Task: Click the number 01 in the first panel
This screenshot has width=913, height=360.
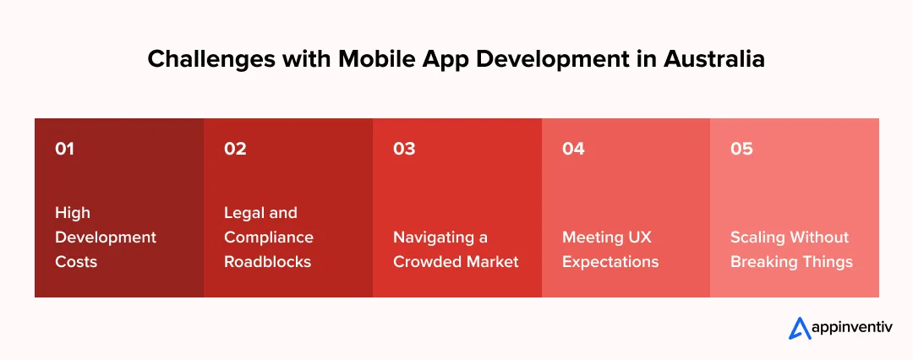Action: (x=64, y=149)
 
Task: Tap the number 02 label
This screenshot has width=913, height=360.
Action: (x=235, y=149)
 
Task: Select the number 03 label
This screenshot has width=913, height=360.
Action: (x=404, y=149)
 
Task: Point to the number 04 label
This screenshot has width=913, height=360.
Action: (x=573, y=149)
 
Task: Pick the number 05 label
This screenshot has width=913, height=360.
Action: (x=741, y=149)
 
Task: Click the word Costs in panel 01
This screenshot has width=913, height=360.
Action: (x=76, y=262)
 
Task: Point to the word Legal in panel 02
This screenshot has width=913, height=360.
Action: (x=244, y=213)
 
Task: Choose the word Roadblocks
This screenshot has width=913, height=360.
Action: (x=267, y=262)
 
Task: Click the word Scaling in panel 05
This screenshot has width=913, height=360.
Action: (x=757, y=237)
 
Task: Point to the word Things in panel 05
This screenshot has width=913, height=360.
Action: (x=827, y=262)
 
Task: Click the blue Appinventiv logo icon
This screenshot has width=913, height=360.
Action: (x=800, y=327)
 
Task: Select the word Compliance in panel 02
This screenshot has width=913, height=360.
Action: (x=268, y=237)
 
